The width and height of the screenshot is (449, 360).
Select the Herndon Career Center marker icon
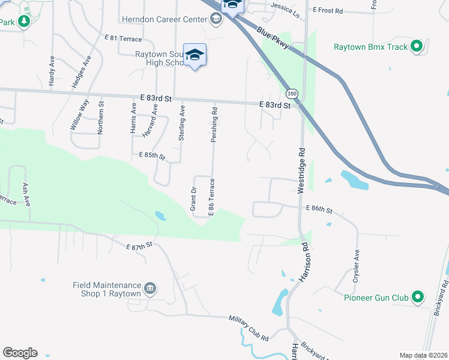point(215,19)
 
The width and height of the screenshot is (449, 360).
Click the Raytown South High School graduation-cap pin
point(194,55)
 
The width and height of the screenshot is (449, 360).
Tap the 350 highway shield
point(292,94)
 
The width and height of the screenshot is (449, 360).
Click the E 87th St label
point(140,246)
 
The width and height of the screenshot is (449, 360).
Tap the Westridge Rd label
point(301,170)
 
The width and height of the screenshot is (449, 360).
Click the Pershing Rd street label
point(214,125)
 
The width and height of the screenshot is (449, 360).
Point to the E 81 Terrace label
point(122,38)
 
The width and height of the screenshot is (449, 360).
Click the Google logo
point(20,353)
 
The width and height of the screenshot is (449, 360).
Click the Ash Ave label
point(26,195)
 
